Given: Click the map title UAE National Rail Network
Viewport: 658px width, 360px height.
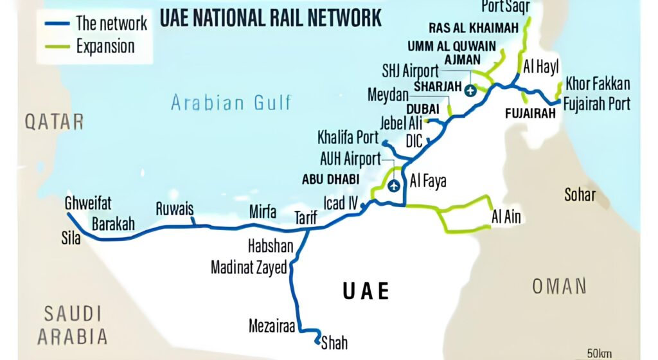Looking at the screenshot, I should click(x=270, y=17).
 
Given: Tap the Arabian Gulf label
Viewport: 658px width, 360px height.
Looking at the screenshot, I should click(x=231, y=102).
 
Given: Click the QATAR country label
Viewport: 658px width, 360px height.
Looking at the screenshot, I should click(x=55, y=122).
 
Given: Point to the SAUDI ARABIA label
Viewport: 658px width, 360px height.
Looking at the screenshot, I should click(x=72, y=325).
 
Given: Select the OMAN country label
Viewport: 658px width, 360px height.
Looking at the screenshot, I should click(x=559, y=286).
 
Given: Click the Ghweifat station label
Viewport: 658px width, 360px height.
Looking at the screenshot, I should click(x=88, y=203).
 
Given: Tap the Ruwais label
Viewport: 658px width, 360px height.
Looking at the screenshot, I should click(x=174, y=209).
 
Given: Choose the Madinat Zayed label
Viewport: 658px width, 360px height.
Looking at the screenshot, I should click(x=249, y=268).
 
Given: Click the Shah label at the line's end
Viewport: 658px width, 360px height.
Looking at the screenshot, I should click(x=334, y=343).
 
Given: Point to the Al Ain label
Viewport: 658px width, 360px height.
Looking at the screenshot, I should click(x=506, y=217).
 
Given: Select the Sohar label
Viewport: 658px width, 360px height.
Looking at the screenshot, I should click(x=580, y=195).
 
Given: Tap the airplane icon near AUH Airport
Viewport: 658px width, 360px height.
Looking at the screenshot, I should click(x=393, y=186).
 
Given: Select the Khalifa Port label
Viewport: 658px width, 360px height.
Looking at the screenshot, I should click(x=349, y=137).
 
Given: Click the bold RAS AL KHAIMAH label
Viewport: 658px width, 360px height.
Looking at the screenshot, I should click(x=474, y=28).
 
